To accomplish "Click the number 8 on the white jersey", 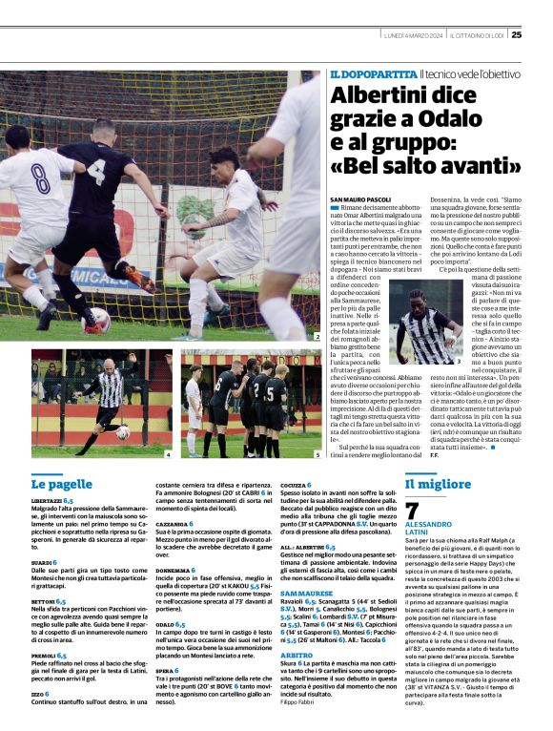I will tap(39, 180).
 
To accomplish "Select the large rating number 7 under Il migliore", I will tap(412, 512).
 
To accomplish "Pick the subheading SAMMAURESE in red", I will tap(307, 594).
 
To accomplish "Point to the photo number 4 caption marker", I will tap(169, 455).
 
